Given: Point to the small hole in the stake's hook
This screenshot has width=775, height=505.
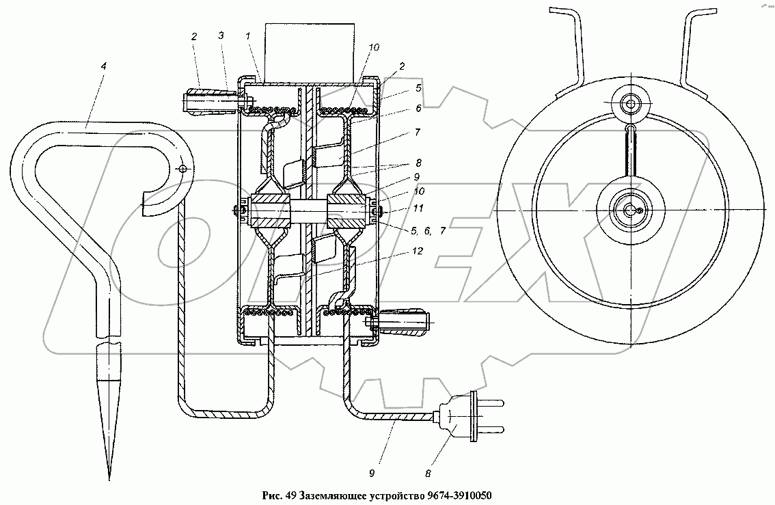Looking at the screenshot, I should click(181, 168).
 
